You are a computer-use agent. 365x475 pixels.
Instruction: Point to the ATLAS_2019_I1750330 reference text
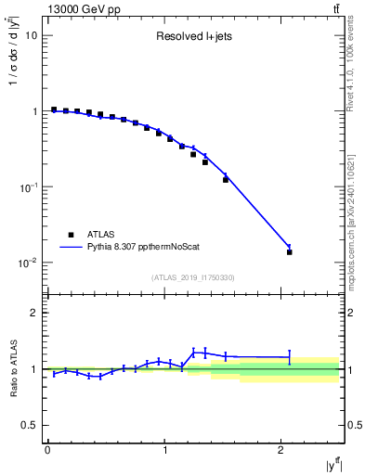point(193,277)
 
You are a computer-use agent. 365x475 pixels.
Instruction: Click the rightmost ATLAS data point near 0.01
point(290,251)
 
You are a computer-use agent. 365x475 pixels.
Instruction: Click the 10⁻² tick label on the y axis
point(29,263)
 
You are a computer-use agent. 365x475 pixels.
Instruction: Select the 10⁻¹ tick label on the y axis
point(29,187)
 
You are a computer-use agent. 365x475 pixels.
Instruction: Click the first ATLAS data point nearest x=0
point(54,109)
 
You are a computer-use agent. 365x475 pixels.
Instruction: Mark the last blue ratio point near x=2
point(290,357)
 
